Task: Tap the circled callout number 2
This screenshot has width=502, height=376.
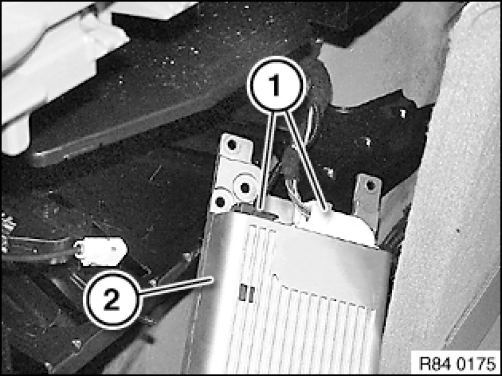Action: [x=112, y=300]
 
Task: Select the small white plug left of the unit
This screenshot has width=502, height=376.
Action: [x=101, y=252]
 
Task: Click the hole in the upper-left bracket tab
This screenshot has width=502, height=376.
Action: [x=231, y=145]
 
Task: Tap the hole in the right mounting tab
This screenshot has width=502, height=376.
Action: [x=370, y=185]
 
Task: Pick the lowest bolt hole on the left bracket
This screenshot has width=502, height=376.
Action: [x=220, y=202]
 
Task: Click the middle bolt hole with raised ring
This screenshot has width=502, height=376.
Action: [x=245, y=187]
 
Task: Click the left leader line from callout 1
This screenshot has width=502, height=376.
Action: [x=268, y=160]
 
